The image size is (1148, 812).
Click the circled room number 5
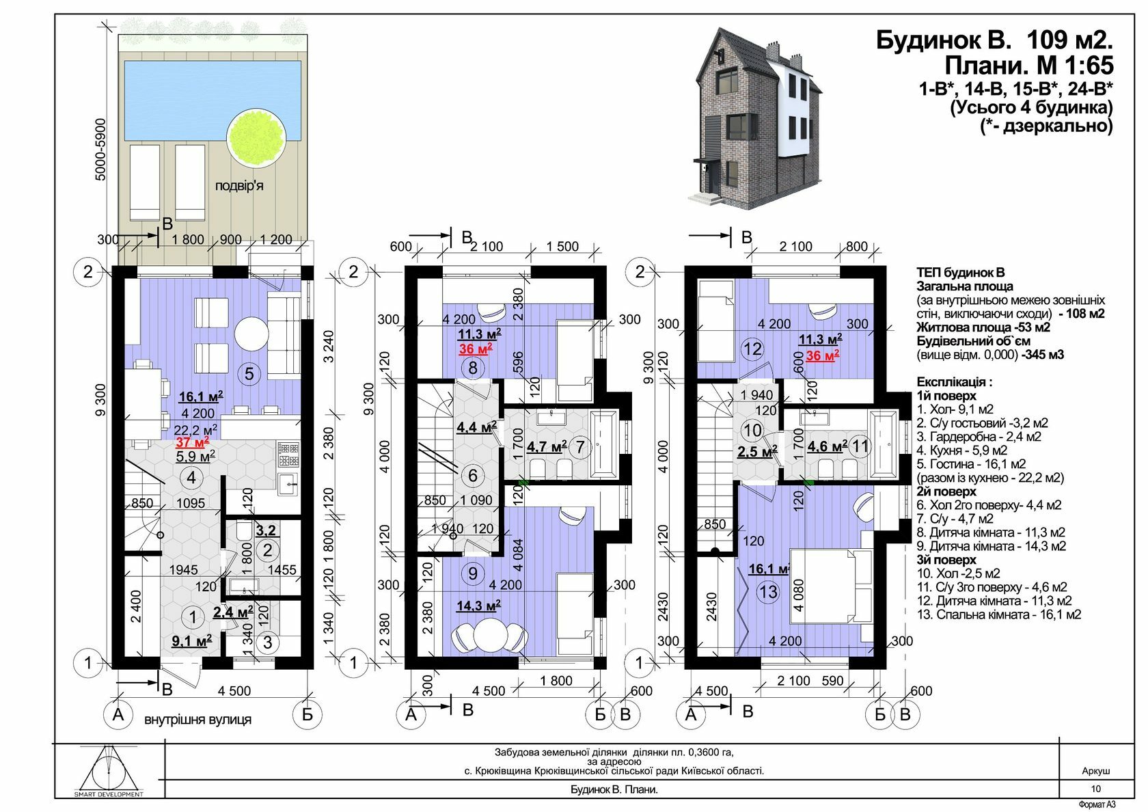tap(249, 373)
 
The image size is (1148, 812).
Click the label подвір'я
tap(239, 185)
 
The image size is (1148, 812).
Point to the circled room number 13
tap(768, 592)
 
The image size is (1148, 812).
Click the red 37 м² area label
tap(192, 442)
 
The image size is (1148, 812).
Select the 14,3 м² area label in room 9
tap(478, 606)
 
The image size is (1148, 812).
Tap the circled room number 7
tap(579, 447)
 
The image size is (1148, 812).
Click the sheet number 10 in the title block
tap(1096, 789)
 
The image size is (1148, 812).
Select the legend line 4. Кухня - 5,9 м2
tap(962, 450)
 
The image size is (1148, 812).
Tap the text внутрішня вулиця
tap(198, 719)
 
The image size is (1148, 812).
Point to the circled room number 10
tap(752, 430)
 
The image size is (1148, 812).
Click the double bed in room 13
tap(831, 586)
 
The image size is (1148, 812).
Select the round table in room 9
tap(489, 635)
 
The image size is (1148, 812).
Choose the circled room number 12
tap(753, 349)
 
